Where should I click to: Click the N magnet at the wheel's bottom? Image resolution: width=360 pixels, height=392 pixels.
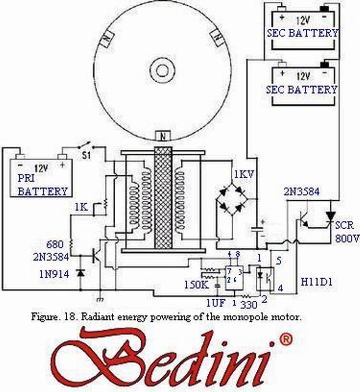point(164,136)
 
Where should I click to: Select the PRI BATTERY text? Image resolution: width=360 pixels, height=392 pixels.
point(42,184)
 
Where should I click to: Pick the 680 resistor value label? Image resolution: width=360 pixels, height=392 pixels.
point(53,244)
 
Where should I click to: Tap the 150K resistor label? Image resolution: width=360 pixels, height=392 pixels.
point(196,284)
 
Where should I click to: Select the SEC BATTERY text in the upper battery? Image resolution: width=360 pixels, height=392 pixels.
point(302,33)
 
